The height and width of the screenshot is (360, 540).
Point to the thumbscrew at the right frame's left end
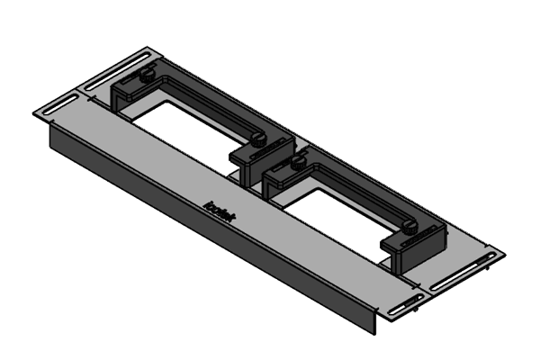coord(296,162)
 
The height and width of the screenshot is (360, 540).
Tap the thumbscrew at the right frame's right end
coord(412,227)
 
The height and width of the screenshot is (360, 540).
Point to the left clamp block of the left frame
coord(126,95)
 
